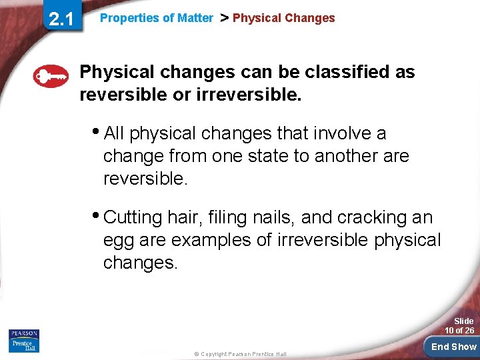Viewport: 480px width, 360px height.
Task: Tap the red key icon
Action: click(x=51, y=77)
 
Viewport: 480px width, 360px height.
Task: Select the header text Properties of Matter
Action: click(x=156, y=19)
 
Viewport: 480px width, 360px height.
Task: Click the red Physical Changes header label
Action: click(x=283, y=19)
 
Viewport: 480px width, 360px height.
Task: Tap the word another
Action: click(x=361, y=157)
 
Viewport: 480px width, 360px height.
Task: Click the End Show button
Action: click(x=453, y=346)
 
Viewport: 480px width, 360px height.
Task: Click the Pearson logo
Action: click(x=24, y=333)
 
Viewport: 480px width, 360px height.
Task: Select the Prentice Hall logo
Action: click(x=24, y=345)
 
